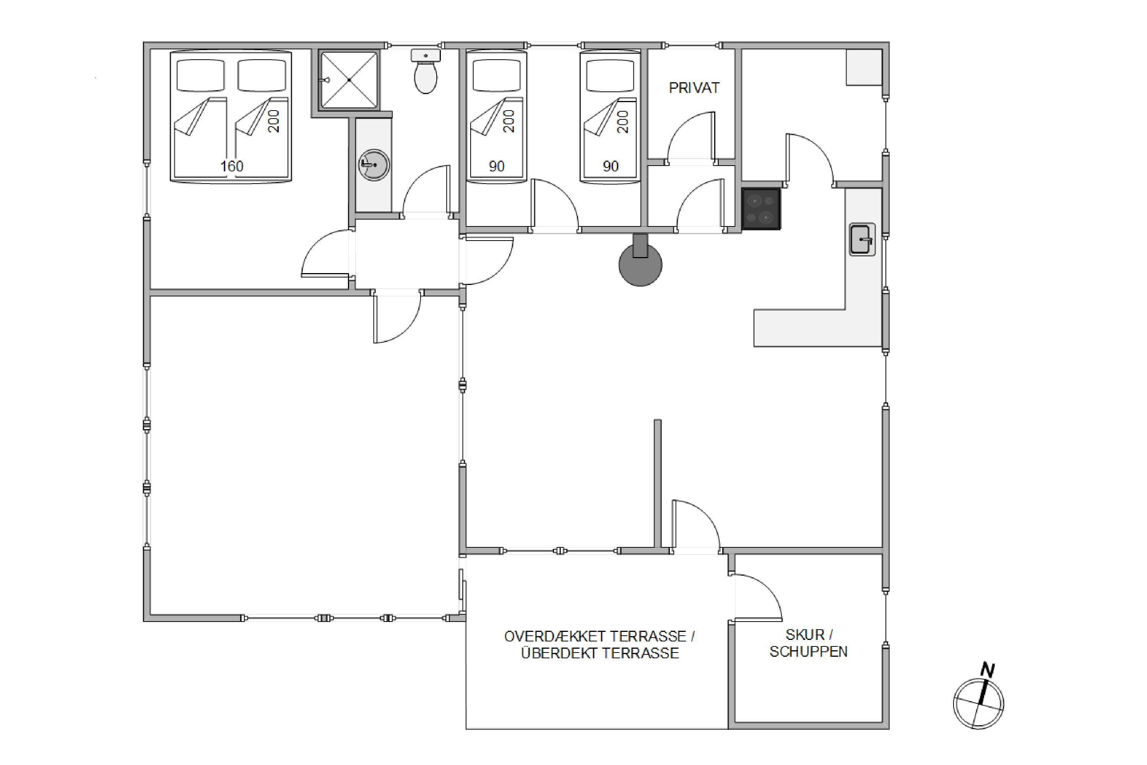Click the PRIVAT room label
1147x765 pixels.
click(694, 88)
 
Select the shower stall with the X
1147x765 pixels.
click(349, 80)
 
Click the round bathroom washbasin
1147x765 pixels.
click(374, 165)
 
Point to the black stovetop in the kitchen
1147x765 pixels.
click(761, 209)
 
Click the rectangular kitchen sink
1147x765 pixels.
click(862, 239)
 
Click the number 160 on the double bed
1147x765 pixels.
click(232, 166)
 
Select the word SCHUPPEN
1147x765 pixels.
click(809, 652)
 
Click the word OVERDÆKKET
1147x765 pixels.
click(554, 637)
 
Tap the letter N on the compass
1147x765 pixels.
click(988, 670)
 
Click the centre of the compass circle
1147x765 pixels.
click(978, 704)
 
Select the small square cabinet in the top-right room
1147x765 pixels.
click(864, 67)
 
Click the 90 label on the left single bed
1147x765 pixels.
click(496, 166)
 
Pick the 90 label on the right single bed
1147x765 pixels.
click(611, 166)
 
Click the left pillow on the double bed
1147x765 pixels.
click(200, 75)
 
